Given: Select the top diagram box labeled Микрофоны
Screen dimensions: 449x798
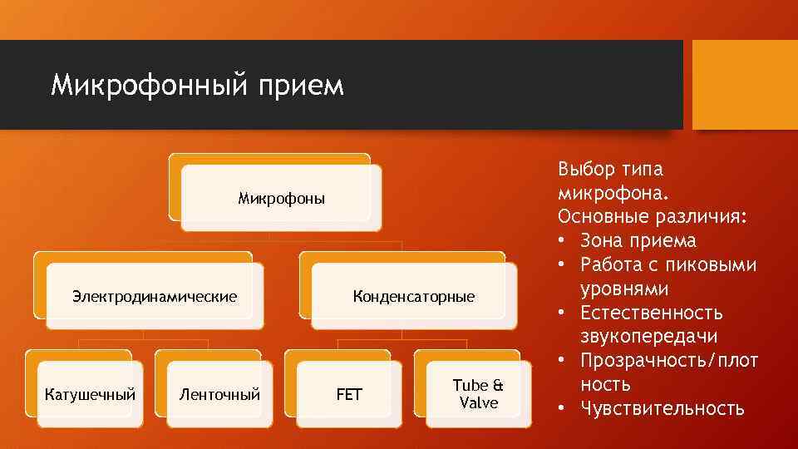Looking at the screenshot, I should click(x=281, y=198).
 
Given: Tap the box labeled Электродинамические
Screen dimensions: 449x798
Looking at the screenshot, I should click(x=155, y=296).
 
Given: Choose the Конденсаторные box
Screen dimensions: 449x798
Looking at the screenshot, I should click(x=413, y=296).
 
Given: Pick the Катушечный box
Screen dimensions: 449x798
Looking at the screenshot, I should click(x=90, y=394).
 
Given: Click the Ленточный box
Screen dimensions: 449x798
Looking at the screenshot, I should click(x=220, y=394).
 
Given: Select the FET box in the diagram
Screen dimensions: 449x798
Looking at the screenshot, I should click(x=349, y=394).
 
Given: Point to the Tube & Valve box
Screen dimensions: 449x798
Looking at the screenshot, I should click(x=478, y=394).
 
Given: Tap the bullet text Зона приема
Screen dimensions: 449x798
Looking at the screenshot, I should click(x=638, y=241).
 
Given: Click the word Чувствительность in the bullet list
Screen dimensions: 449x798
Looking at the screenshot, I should click(x=663, y=408).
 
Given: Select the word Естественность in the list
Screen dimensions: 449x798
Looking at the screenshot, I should click(x=652, y=313).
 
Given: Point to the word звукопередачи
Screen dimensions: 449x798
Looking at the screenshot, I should click(x=648, y=337).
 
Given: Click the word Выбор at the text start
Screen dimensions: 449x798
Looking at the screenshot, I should click(x=586, y=170).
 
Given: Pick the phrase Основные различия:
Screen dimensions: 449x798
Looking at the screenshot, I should click(x=653, y=217).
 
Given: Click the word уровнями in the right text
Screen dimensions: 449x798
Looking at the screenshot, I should click(x=624, y=289).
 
